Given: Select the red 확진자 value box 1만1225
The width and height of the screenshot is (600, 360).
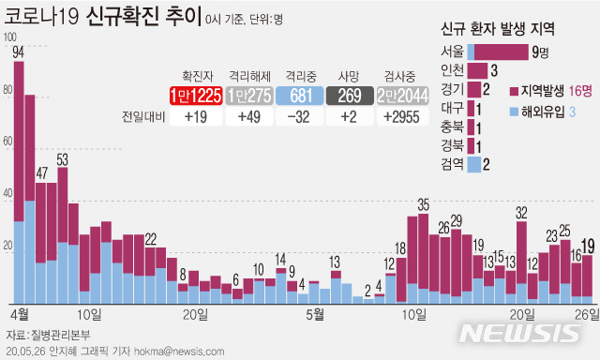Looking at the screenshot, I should tap(196, 95).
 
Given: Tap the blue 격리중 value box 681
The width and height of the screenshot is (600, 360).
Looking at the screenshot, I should tap(301, 95).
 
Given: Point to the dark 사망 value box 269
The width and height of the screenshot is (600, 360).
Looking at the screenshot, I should tap(351, 95).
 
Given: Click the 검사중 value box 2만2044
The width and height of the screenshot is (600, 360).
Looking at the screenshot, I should tap(403, 95).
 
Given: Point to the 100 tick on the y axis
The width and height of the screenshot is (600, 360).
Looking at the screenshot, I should tap(10, 37).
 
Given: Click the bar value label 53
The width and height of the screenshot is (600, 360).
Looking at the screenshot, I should tap(62, 160).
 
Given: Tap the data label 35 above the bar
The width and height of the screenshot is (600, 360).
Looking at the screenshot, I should tap(423, 204).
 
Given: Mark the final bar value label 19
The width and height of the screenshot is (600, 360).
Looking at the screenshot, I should tap(588, 246).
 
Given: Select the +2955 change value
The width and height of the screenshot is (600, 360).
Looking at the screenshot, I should tap(403, 117).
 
